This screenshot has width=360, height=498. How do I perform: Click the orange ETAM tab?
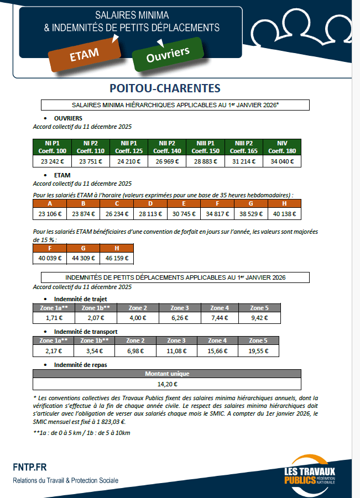(x=84, y=54)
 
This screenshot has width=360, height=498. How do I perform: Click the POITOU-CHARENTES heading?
(x=165, y=88)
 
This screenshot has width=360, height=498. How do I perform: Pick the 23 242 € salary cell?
(x=52, y=162)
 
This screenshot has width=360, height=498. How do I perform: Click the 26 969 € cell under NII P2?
(x=167, y=162)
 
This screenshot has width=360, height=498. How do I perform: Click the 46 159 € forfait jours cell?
(x=117, y=258)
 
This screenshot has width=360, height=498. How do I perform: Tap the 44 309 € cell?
(x=84, y=258)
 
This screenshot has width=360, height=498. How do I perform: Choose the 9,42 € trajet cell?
(x=259, y=318)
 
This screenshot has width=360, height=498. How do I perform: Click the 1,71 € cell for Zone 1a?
(x=54, y=318)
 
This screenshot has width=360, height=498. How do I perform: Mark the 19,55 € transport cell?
(x=259, y=350)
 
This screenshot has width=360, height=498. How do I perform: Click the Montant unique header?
(x=167, y=374)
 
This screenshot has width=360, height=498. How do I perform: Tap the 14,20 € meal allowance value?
(x=167, y=384)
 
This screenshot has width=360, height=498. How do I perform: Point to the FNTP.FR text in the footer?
(x=30, y=468)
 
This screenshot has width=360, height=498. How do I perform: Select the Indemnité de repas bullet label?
(x=80, y=365)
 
